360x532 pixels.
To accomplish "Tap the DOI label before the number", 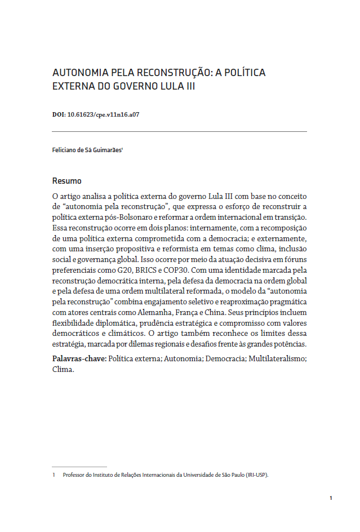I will click(x=59, y=114).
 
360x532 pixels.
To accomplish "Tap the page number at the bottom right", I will click(x=331, y=498).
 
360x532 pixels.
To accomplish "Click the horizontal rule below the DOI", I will click(x=179, y=131).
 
